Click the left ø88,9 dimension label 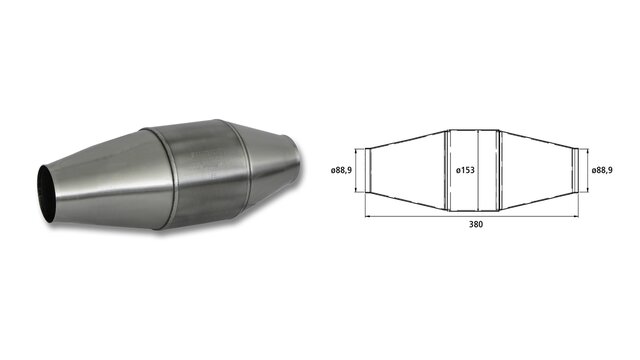(x=341, y=170)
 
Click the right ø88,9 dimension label (x=602, y=170)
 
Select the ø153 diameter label (x=465, y=170)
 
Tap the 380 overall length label (x=476, y=224)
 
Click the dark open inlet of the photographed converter (x=47, y=193)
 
